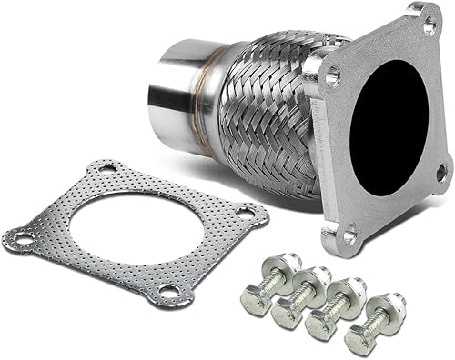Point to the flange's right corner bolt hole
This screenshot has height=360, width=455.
pyautogui.click(x=440, y=170)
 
